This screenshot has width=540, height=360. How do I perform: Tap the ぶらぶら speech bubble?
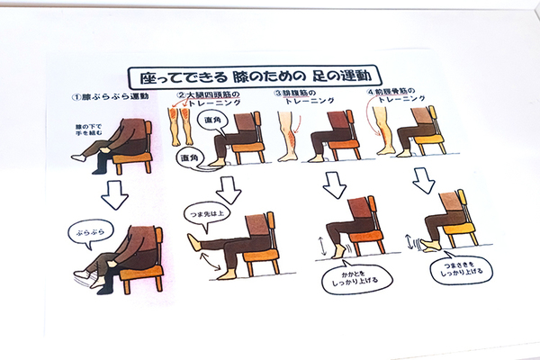coord(88,234)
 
